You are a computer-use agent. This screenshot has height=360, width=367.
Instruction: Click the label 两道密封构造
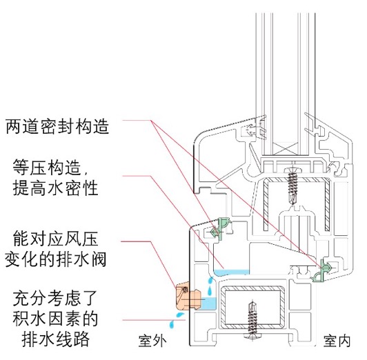(57, 126)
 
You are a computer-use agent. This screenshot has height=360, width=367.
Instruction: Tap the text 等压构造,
(51, 168)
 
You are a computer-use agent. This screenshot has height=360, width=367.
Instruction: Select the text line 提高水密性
(55, 188)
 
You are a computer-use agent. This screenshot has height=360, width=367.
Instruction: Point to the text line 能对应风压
(55, 239)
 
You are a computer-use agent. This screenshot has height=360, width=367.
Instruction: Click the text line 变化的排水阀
(56, 259)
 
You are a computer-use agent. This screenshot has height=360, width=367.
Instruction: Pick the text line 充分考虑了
(55, 298)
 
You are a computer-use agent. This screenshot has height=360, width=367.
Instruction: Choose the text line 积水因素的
(55, 319)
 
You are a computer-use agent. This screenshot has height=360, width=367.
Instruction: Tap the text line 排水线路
(56, 339)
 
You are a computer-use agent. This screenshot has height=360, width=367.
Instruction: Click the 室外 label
(152, 341)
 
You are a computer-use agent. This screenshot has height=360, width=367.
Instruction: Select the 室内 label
(337, 341)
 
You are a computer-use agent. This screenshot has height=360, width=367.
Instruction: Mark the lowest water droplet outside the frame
(172, 325)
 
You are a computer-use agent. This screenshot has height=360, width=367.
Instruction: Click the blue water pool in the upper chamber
(232, 272)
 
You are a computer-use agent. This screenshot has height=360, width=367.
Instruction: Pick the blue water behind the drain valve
(209, 303)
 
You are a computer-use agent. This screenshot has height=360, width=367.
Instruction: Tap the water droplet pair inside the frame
(210, 286)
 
